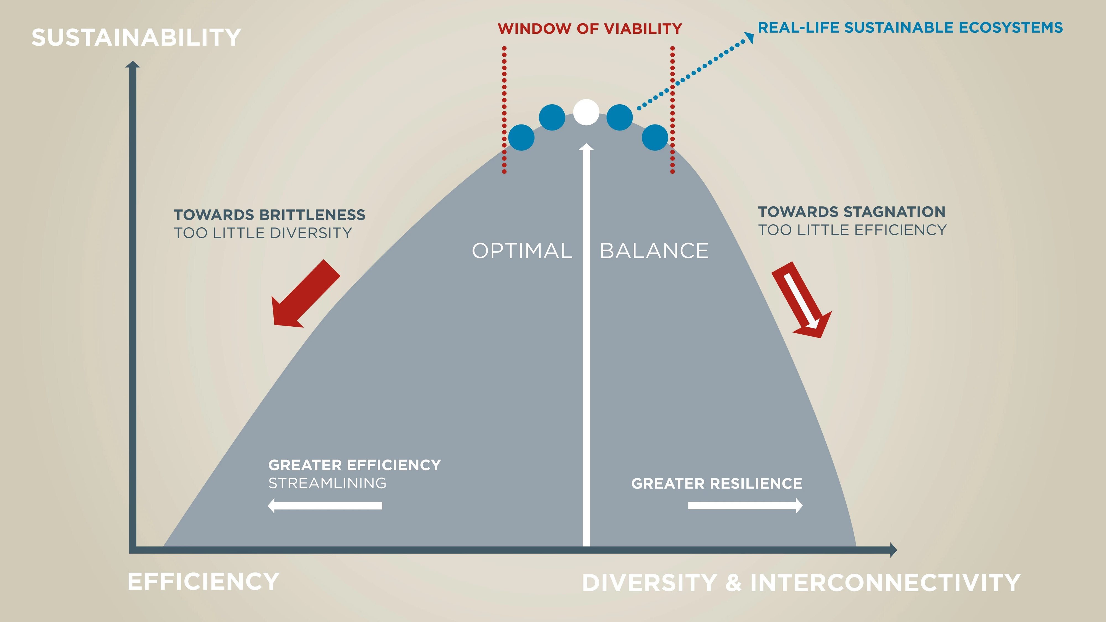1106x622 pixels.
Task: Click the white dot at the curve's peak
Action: pos(586,112)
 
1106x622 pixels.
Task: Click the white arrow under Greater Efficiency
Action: pos(325,506)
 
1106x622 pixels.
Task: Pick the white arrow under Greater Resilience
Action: pos(745,506)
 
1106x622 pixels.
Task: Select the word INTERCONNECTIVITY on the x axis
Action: pos(885,583)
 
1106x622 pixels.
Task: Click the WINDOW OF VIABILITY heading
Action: pos(589,29)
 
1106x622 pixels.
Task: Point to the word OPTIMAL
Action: pos(522,251)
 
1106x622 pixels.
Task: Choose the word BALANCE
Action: pos(654,251)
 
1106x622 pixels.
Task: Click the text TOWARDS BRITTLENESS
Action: pos(270,214)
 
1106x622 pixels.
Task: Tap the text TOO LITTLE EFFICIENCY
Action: pos(852,230)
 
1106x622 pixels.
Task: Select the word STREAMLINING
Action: pos(327,483)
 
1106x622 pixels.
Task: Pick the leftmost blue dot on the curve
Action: pos(521,137)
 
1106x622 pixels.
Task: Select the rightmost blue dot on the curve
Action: pos(655,137)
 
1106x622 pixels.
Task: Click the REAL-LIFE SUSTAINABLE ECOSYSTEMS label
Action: pos(910,27)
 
